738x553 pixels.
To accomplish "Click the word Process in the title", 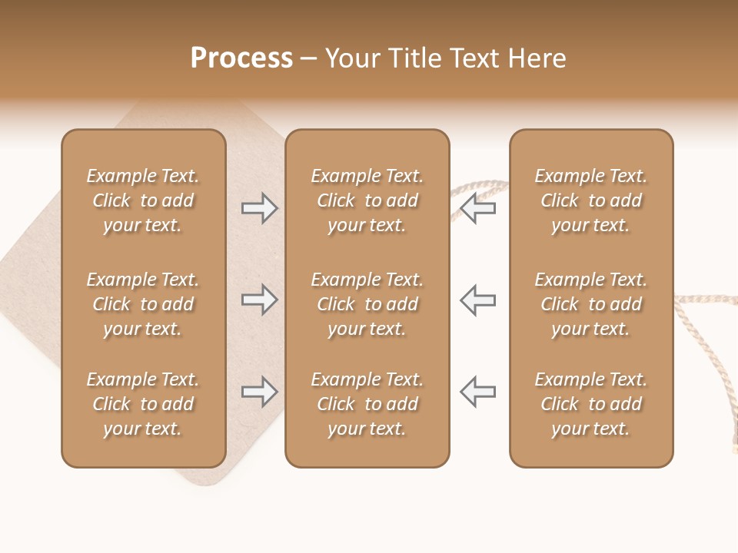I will pos(241,58).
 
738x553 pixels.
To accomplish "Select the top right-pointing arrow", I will pos(260,207).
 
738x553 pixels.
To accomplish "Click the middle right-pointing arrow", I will pos(260,300).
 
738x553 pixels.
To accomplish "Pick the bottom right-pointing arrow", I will pos(260,392).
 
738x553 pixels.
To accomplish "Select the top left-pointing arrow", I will pos(478,207).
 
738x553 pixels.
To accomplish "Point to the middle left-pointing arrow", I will pos(478,300).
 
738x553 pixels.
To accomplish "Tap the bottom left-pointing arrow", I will pos(478,392).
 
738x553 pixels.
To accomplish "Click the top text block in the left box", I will pos(143,200).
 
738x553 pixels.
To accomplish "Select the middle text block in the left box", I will pos(143,304).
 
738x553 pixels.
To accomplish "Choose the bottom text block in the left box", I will pos(143,404).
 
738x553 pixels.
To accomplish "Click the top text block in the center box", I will pos(367,200).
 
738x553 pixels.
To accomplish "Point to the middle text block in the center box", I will pos(367,304).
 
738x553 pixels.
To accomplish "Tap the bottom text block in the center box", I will pos(367,404).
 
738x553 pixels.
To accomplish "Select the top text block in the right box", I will pos(591,200).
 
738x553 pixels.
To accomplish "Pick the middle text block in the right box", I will pos(591,304).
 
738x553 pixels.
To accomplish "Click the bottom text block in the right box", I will pos(591,404).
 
